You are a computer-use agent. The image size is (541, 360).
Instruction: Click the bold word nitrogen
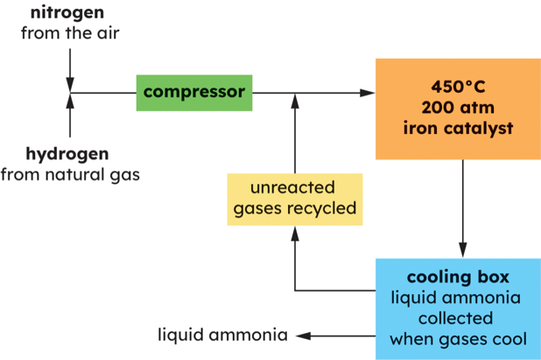click(70, 13)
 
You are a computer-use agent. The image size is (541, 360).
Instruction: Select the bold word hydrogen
click(70, 153)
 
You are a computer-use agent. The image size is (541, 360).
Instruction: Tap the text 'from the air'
click(70, 34)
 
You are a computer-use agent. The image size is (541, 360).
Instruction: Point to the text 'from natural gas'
click(70, 174)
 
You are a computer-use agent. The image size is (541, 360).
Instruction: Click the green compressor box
click(194, 92)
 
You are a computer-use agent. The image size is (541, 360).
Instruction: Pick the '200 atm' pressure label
click(457, 108)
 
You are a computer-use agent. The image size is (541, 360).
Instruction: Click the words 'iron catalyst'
click(457, 129)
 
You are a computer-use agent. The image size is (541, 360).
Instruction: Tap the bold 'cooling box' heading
click(457, 277)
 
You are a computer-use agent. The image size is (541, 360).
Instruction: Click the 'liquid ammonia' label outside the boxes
click(222, 335)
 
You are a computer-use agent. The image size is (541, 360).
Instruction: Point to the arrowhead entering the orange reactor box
click(367, 92)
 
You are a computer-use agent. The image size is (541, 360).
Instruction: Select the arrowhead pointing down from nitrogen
click(70, 83)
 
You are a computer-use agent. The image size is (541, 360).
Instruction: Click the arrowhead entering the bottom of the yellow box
click(295, 231)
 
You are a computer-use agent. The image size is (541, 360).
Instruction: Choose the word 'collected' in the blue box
click(457, 318)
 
